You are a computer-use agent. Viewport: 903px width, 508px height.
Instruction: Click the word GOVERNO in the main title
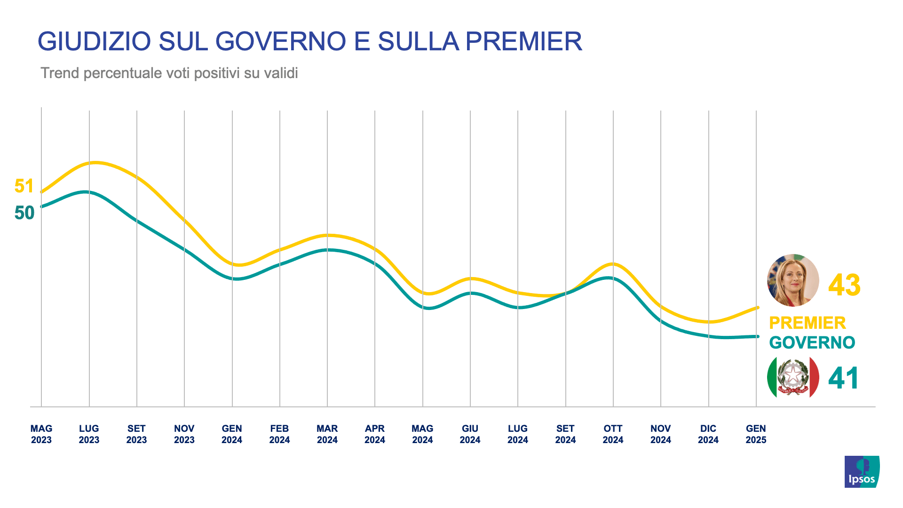280,41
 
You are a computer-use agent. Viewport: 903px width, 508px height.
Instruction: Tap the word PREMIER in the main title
523,41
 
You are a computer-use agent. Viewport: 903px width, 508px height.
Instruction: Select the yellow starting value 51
24,186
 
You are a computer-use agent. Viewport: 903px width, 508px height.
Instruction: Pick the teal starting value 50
24,213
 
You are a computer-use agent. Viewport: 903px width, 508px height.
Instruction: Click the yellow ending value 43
844,285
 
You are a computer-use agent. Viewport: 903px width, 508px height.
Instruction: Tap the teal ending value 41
843,378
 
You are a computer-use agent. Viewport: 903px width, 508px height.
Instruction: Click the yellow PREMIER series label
807,323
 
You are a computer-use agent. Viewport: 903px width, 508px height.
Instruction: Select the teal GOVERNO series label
812,343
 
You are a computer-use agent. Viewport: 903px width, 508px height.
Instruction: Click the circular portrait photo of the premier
793,280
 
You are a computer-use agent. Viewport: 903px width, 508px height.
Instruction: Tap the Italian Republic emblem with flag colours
793,377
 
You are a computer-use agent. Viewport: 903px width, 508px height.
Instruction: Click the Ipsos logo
862,471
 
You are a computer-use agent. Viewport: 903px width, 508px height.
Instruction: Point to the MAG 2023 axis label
41,434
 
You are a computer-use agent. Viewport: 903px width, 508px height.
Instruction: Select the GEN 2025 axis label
756,434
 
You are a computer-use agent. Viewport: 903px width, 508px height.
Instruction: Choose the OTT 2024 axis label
613,434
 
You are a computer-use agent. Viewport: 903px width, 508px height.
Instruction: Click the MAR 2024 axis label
327,434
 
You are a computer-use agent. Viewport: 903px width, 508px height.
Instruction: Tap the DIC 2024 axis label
708,434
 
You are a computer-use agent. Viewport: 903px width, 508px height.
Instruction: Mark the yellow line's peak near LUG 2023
95,163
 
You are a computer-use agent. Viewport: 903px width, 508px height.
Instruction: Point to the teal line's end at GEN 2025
757,336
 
